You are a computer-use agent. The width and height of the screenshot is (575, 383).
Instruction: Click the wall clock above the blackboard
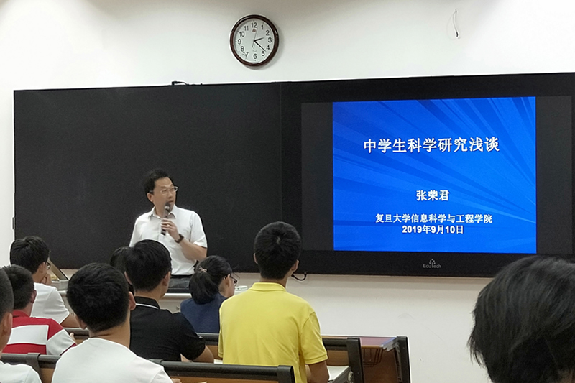pos(254,41)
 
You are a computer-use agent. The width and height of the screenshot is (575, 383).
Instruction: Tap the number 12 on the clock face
pos(254,25)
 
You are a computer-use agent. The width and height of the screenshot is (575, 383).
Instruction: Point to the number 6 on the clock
pos(255,56)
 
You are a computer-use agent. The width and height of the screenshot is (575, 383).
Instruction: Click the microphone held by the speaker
pos(165,218)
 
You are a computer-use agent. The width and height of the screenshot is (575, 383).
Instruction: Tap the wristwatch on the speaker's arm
pos(180,239)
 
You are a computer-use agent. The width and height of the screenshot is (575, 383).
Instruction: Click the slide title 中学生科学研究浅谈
pos(431,144)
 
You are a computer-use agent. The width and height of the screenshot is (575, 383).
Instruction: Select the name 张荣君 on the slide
pos(433,195)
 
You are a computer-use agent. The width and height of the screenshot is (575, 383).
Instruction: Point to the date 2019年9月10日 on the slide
pos(433,230)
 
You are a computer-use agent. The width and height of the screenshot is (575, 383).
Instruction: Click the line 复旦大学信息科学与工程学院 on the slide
pos(433,218)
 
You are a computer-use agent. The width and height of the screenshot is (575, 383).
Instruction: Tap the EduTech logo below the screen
pos(432,264)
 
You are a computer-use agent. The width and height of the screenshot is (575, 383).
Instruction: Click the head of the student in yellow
pos(277,250)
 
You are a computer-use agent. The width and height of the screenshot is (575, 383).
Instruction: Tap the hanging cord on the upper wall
pos(456,24)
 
